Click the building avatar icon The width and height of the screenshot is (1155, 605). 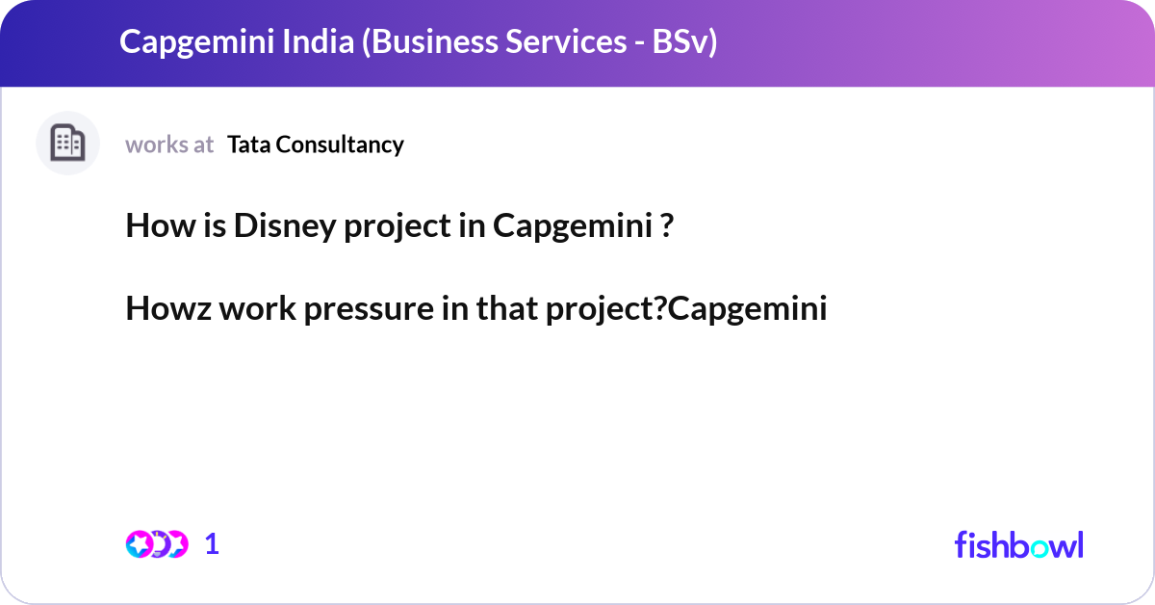click(x=67, y=144)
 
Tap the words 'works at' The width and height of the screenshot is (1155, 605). click(x=169, y=145)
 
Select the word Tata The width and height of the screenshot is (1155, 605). click(x=249, y=145)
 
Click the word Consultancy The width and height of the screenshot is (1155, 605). click(x=341, y=145)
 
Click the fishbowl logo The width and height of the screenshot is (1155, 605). click(x=1018, y=544)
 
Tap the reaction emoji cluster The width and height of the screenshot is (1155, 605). click(x=156, y=544)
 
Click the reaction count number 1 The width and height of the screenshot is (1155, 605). click(x=212, y=544)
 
